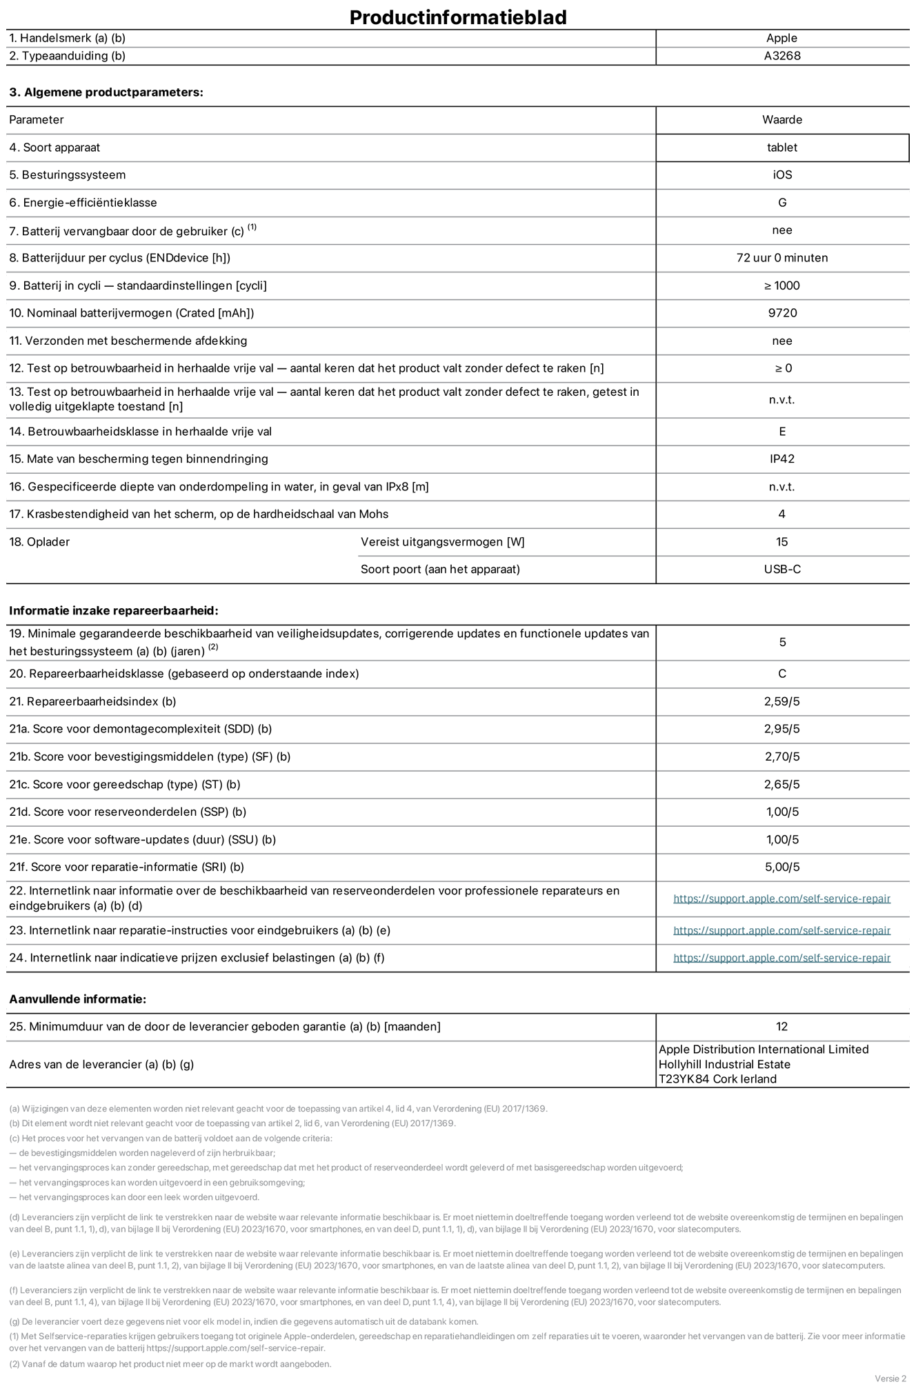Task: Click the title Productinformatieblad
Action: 458,17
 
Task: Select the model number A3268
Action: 782,56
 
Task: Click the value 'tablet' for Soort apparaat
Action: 782,148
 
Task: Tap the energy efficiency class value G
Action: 782,203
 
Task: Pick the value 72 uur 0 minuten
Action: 782,258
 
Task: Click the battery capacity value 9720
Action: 782,313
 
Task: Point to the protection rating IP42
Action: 782,459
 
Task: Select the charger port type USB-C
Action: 782,569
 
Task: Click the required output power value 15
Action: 781,541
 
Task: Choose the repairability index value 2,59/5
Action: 782,701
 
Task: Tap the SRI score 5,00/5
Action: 782,867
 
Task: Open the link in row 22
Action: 781,899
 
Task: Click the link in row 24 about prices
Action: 781,958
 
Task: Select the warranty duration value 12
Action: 781,1026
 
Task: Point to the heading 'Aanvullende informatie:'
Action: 78,999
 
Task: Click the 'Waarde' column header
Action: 782,120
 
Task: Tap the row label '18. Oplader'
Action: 39,541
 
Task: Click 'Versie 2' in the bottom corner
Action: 890,1378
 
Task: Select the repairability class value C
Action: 782,674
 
